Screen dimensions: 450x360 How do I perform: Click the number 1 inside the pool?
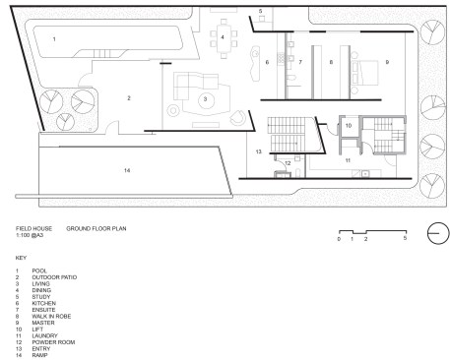pos(54,39)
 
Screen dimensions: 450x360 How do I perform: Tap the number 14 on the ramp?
pos(127,170)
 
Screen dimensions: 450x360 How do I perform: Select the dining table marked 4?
pos(224,38)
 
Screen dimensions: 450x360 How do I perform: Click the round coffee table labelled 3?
pos(206,99)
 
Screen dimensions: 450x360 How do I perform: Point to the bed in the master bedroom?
pos(365,73)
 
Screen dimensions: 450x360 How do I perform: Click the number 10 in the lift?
pos(349,126)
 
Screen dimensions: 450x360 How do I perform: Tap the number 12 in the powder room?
pos(288,163)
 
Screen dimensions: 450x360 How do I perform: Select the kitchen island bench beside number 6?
pos(255,63)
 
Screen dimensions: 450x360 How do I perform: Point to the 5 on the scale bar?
pos(405,238)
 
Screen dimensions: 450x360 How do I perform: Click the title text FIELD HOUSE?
pos(33,228)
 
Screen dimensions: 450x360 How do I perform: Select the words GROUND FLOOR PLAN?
pos(96,228)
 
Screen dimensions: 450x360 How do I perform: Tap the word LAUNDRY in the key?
pos(44,335)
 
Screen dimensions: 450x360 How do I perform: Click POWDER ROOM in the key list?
pos(53,342)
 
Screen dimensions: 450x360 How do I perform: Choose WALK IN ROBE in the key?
pos(51,317)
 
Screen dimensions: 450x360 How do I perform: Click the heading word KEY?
pos(21,258)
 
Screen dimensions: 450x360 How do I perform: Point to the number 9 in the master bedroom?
pos(387,62)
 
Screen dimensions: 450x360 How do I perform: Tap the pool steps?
pos(103,53)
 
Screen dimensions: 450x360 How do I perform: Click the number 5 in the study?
pos(260,11)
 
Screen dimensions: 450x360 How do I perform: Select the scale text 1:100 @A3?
pos(30,235)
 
